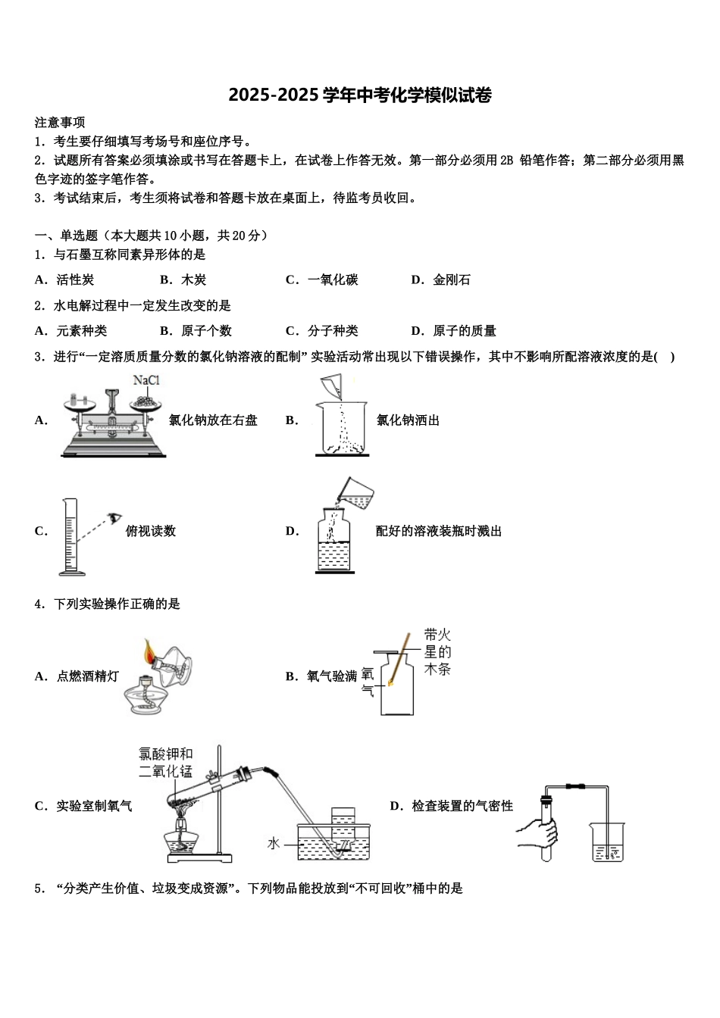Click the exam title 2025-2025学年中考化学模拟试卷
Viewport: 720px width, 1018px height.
[360, 95]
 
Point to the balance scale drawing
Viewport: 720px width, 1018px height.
[112, 423]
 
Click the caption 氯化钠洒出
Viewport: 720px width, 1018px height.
[408, 420]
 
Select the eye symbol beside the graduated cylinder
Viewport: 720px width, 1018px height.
[114, 517]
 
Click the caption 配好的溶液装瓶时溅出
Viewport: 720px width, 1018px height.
[439, 532]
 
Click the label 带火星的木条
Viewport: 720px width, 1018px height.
[437, 652]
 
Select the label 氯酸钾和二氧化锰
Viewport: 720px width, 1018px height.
[166, 763]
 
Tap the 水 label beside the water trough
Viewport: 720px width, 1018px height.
[274, 844]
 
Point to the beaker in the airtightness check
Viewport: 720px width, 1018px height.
[608, 843]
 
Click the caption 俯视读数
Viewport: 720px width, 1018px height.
[151, 532]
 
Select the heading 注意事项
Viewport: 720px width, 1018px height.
[60, 123]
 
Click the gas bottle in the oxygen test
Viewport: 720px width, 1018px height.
[396, 685]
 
